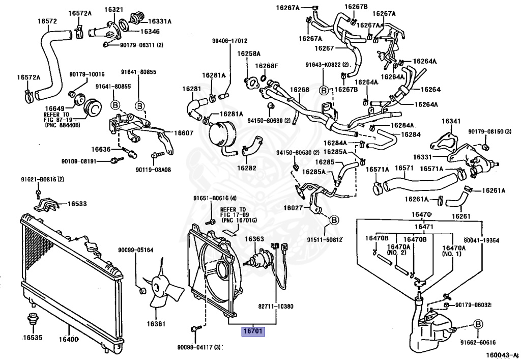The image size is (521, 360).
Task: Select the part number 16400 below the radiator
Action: click(68, 340)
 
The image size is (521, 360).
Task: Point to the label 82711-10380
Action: click(275, 307)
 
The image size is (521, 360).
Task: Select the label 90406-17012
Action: click(229, 41)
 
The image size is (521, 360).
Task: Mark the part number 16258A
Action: click(248, 53)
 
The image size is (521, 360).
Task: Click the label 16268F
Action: click(267, 66)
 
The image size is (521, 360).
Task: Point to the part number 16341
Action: click(451, 121)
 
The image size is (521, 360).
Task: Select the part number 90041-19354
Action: click(481, 240)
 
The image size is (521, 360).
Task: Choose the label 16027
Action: click(294, 208)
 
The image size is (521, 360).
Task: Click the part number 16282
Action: click(247, 167)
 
